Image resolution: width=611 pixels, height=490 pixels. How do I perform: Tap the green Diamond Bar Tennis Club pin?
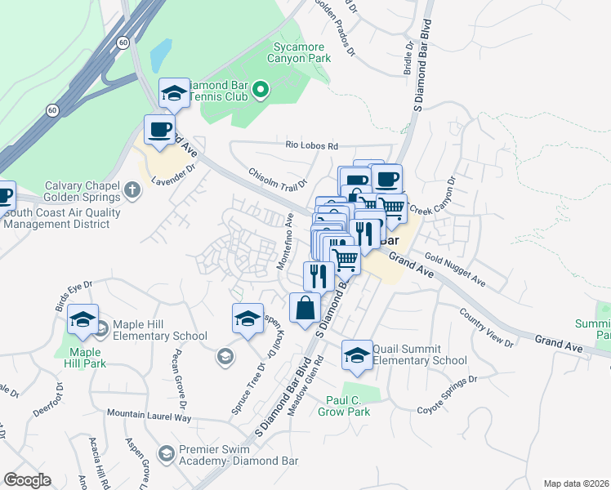point(261,90)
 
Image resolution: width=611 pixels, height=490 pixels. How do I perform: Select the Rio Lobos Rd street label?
point(311,145)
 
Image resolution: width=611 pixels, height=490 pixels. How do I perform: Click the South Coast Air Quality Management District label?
point(63,219)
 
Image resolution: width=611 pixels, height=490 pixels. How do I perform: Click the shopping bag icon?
point(305,309)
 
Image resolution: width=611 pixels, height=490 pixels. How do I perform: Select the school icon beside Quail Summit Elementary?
point(356,354)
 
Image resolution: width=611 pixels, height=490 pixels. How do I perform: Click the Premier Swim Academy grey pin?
point(166,452)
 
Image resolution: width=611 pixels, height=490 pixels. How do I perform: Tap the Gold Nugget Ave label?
point(455,272)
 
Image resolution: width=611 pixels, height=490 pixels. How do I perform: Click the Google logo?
point(28,480)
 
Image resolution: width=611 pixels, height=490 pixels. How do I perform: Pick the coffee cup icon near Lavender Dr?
point(159,129)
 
